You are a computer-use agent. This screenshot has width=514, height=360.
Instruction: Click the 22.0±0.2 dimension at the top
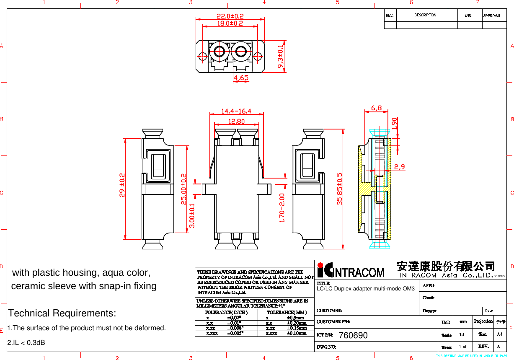230,16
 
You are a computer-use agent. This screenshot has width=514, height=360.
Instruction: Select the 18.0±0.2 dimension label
230,23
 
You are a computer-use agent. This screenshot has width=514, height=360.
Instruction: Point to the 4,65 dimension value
241,78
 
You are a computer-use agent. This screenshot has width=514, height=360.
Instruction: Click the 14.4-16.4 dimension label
236,111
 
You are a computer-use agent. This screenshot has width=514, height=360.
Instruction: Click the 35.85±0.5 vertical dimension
340,189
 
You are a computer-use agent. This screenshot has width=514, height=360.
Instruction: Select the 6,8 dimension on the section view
376,108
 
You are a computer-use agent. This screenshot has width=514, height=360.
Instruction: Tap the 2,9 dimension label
399,167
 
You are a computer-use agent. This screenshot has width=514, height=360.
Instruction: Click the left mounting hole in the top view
202,56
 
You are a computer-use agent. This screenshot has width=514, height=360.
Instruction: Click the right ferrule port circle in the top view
240,52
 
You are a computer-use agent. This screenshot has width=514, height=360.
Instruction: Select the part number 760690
353,336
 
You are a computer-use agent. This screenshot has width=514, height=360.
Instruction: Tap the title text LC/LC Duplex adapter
365,289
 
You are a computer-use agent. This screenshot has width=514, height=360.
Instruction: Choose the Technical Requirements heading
62,313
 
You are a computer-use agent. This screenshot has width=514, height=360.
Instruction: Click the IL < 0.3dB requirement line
26,343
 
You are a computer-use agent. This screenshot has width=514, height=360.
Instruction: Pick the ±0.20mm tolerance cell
297,323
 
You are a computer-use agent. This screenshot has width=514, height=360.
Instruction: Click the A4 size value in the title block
499,334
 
